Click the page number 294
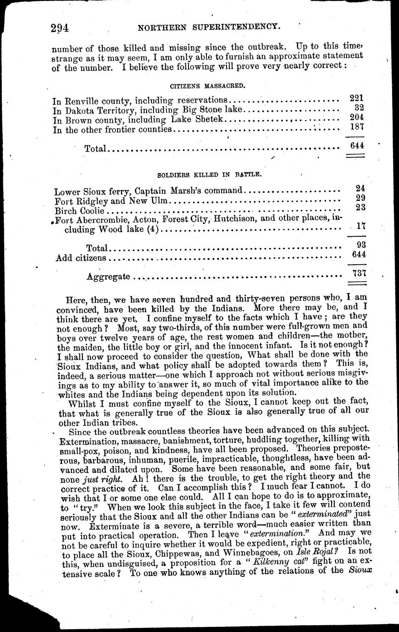[60, 28]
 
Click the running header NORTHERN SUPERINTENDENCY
[209, 27]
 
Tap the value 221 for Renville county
[356, 98]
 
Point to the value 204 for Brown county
[356, 117]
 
